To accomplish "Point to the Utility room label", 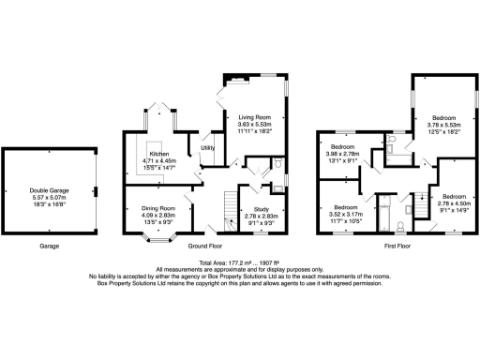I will coord(207,147).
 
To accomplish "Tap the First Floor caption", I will coord(395,248).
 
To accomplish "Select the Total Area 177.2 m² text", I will coord(239,262).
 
